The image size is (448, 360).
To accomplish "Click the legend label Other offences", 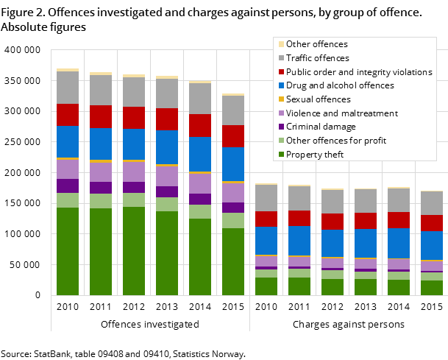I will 316,44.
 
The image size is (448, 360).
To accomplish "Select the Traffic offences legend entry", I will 317,58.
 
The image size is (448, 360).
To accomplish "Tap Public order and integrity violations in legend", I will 358,72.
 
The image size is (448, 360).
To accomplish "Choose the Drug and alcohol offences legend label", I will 339,85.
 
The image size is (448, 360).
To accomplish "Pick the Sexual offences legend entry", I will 318,99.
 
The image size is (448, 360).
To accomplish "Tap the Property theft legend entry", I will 314,155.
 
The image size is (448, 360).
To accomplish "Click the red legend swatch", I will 280,72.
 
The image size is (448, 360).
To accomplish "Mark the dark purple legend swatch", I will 280,127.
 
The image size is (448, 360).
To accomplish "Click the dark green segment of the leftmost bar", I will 68,251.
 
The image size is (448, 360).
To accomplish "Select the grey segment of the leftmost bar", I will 68,88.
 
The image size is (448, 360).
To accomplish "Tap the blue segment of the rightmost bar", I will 432,245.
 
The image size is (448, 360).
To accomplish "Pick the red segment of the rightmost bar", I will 432,223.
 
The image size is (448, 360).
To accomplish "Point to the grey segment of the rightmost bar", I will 432,203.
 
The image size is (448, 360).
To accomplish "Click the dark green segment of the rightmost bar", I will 432,288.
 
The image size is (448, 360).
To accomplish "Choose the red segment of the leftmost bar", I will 68,115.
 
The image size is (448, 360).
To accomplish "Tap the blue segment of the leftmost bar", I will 68,141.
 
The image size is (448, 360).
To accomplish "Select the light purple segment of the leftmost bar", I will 68,169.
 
